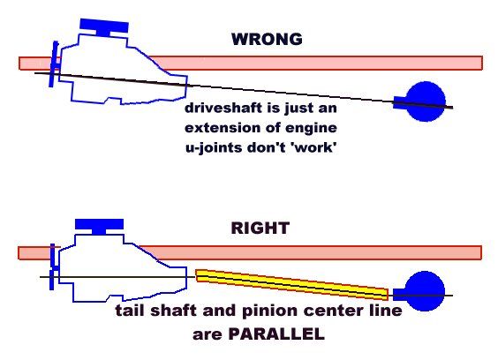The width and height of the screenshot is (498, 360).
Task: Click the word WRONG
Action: pyautogui.click(x=266, y=40)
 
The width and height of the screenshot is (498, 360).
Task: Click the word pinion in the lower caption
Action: pyautogui.click(x=300, y=312)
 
